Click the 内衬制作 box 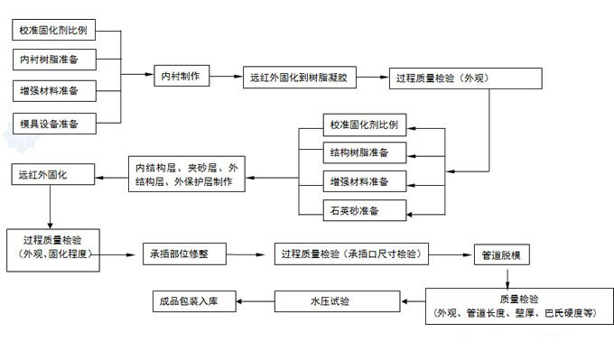click(181, 77)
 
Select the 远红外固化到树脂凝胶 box click(302, 78)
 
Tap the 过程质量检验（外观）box click(465, 78)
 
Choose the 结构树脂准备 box click(366, 152)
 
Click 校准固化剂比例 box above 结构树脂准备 click(366, 125)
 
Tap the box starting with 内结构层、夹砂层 click(186, 175)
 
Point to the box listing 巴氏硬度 click(513, 306)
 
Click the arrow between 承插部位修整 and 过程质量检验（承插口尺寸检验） click(253, 254)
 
